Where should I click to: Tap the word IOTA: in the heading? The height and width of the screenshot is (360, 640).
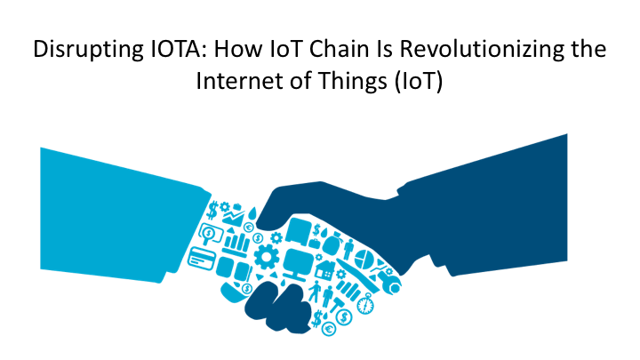pos(165,50)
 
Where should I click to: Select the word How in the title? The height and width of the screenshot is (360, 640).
pos(233,50)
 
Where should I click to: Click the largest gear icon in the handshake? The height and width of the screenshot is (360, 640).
pos(266,259)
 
